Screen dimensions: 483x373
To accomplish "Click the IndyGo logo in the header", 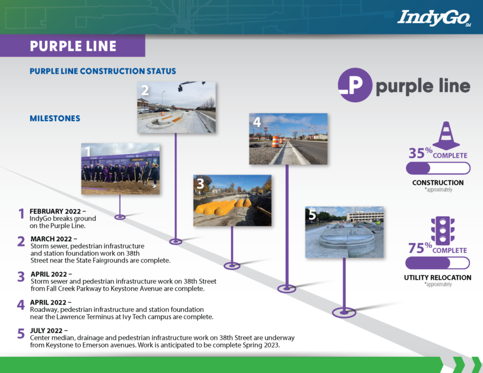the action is [x=434, y=18].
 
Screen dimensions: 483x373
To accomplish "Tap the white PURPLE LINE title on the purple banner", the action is [x=73, y=46].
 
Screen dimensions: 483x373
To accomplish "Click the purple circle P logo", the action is [x=355, y=85].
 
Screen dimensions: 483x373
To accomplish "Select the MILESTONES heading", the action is [x=55, y=118].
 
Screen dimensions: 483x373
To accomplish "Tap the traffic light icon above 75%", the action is [x=443, y=230].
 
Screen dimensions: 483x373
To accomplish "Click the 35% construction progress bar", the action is [x=438, y=169].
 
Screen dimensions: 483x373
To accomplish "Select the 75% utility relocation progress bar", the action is [x=437, y=263].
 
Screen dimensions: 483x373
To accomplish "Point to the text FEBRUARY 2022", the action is [x=55, y=211].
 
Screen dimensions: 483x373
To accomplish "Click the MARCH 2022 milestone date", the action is [x=51, y=239].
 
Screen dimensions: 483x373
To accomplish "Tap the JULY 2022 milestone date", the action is [x=46, y=331].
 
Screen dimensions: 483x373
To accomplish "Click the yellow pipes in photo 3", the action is [x=223, y=206].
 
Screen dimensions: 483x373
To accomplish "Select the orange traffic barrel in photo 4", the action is [x=276, y=142].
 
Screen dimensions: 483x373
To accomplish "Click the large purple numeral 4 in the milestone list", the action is [x=21, y=305].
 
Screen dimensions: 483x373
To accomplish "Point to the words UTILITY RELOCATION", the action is [x=437, y=277].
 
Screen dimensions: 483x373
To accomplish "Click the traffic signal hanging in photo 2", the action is [x=180, y=88].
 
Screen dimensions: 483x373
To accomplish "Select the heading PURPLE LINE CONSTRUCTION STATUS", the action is [x=103, y=71].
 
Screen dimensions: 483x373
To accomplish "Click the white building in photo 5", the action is [x=365, y=216].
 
